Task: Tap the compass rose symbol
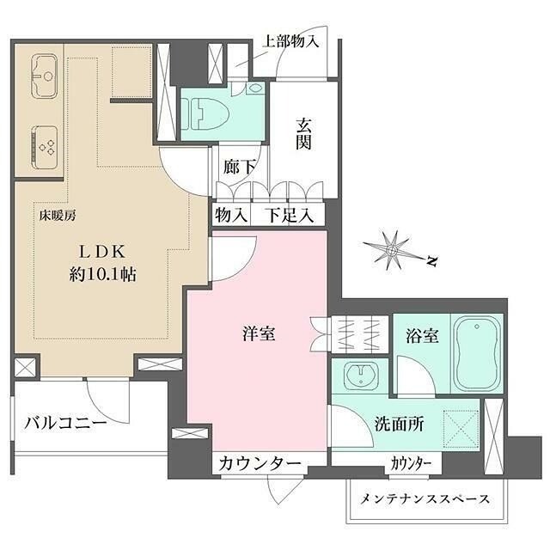point(392,249)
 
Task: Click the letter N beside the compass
point(433,259)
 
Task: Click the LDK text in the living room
point(103,252)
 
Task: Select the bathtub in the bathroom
point(475,353)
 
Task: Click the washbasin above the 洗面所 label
point(359,376)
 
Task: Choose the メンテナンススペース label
point(425,499)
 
